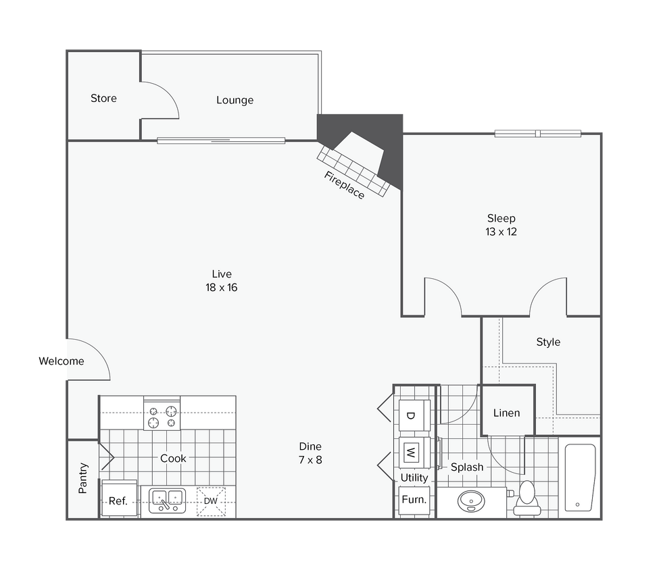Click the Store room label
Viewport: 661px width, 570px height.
click(x=103, y=99)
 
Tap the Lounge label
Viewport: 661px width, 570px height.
click(x=235, y=100)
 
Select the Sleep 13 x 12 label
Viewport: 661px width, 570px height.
click(x=501, y=225)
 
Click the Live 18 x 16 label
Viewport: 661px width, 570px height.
click(x=222, y=280)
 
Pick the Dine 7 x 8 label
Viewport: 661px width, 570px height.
click(x=310, y=453)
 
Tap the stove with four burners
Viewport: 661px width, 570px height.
click(x=163, y=416)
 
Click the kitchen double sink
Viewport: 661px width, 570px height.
click(x=167, y=500)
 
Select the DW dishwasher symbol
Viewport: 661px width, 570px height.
click(x=210, y=501)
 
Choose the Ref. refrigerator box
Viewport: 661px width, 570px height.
click(x=118, y=500)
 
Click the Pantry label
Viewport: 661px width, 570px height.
click(x=83, y=477)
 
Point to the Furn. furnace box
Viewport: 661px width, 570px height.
click(x=414, y=500)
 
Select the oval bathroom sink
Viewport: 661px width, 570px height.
click(x=470, y=502)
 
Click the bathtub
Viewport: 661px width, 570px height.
click(x=579, y=476)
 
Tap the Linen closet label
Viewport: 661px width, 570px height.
click(x=506, y=413)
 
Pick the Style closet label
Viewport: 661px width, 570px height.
click(x=548, y=342)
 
